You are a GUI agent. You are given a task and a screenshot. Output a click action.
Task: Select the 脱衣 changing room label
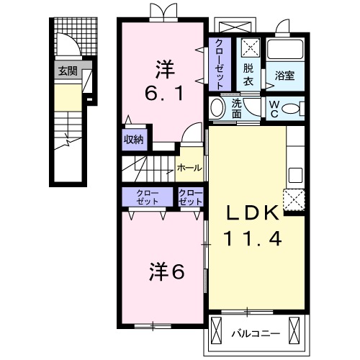pyautogui.click(x=248, y=74)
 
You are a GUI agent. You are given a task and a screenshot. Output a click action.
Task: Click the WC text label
pyautogui.click(x=274, y=108)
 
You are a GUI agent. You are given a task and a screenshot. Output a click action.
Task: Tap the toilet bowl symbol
pyautogui.click(x=290, y=108)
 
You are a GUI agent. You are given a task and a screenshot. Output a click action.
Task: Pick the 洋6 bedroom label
pyautogui.click(x=168, y=271)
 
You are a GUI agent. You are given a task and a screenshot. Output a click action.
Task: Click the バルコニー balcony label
pyautogui.click(x=252, y=334)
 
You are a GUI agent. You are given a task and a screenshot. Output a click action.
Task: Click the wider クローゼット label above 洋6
pyautogui.click(x=146, y=197)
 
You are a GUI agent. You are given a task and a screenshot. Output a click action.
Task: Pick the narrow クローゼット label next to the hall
pyautogui.click(x=191, y=197)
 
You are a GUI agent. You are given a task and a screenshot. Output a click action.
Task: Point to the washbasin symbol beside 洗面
pyautogui.click(x=217, y=109)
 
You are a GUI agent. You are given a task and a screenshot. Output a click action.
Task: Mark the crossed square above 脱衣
pyautogui.click(x=249, y=48)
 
